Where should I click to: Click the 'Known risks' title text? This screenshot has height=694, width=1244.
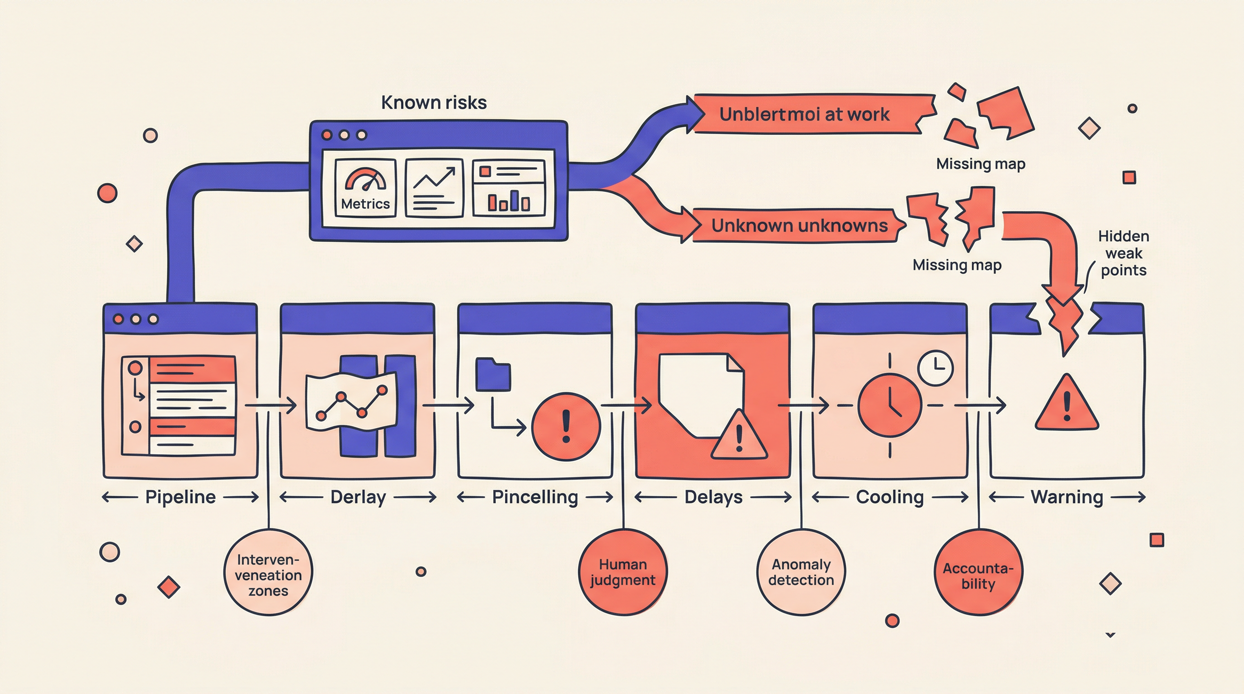click(x=434, y=102)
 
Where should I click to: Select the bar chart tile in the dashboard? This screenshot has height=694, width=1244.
click(x=509, y=188)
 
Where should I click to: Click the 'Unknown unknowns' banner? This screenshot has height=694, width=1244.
click(x=799, y=225)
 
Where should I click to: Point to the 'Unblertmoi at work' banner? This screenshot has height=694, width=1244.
click(x=804, y=114)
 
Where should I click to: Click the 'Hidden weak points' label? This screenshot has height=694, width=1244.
click(x=1123, y=253)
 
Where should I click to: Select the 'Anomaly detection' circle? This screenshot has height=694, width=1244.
click(x=801, y=572)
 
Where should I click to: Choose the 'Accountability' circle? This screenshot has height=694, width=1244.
click(x=978, y=572)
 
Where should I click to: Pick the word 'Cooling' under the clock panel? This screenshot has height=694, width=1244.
click(x=890, y=497)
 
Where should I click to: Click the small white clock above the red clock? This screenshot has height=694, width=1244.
click(x=935, y=368)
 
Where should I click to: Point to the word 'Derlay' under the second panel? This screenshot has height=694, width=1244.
click(x=358, y=497)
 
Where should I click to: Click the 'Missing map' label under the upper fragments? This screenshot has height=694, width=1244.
click(x=980, y=164)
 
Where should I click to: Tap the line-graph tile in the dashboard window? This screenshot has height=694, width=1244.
click(x=434, y=188)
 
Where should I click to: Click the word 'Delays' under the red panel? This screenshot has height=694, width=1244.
click(x=713, y=497)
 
